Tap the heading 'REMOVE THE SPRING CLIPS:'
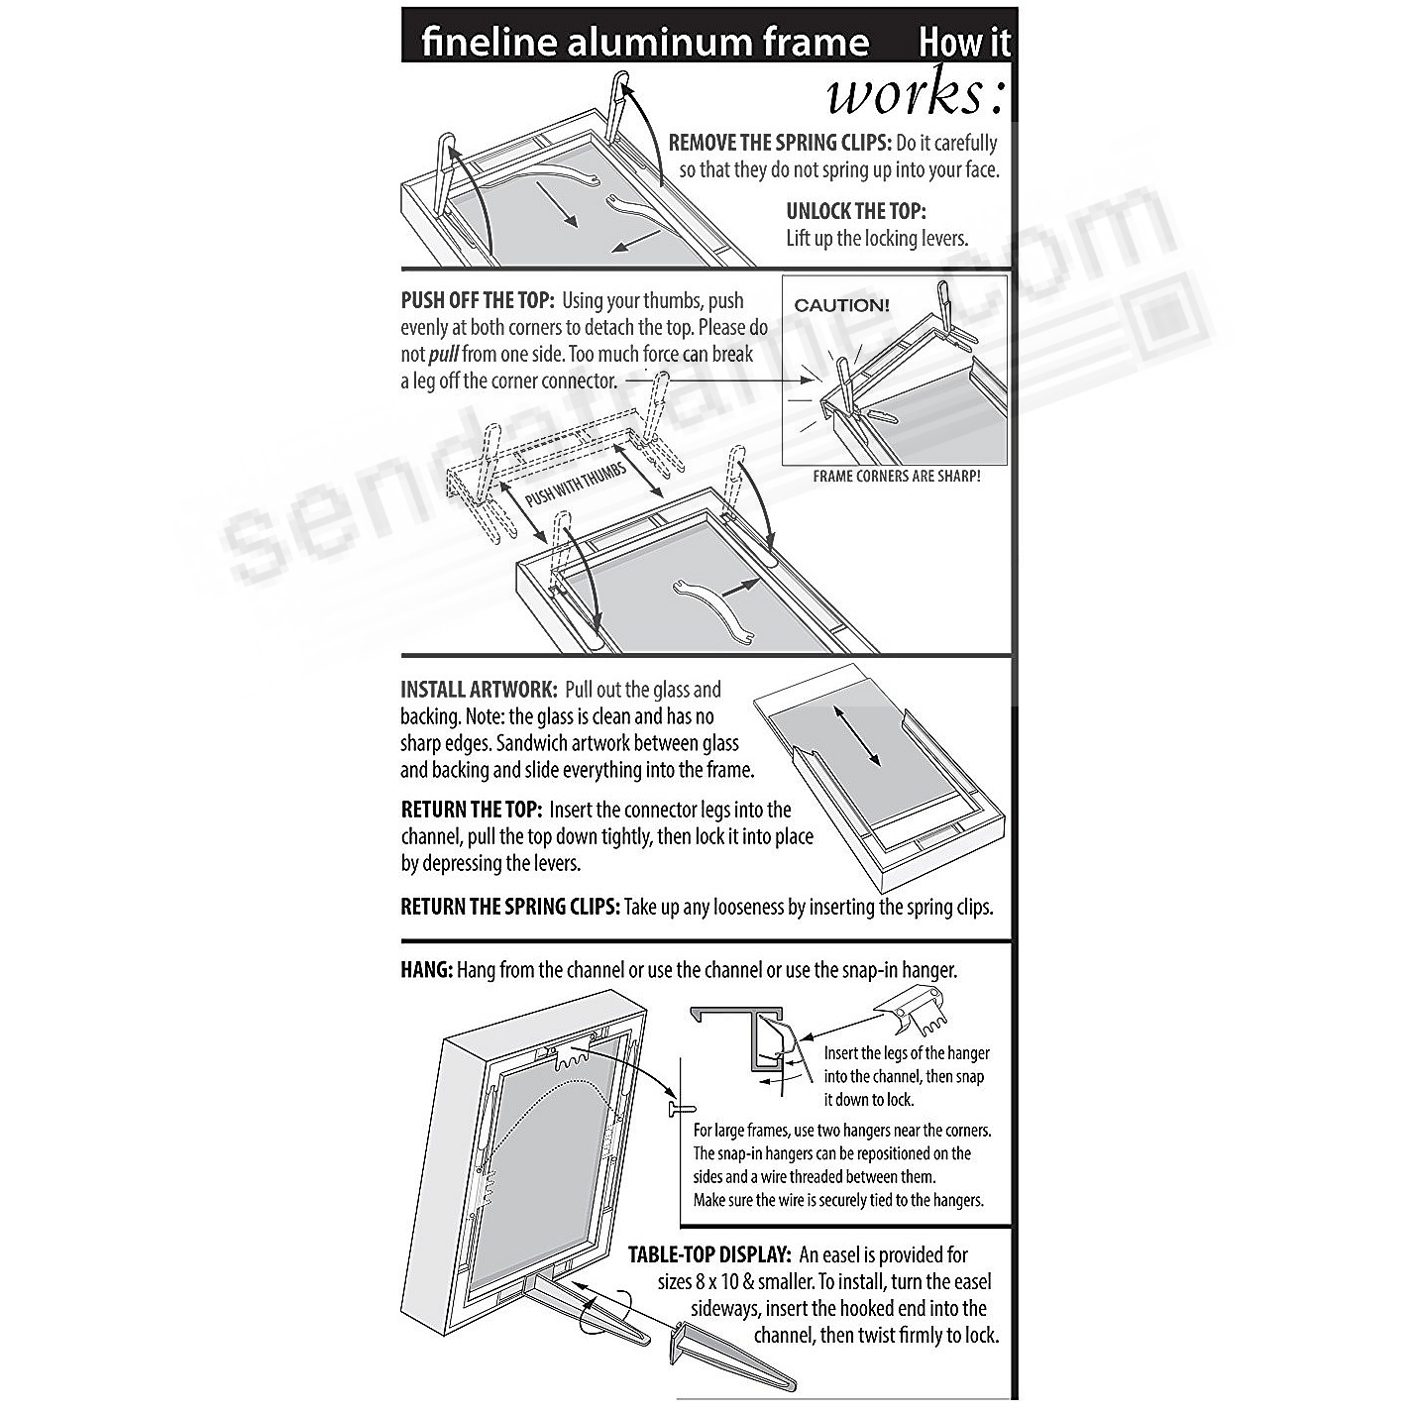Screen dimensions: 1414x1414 coord(779,143)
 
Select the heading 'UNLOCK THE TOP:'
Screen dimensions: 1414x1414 coord(855,211)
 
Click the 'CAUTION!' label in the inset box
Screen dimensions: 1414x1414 coord(841,305)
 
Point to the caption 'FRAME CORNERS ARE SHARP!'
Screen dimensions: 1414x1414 coord(896,476)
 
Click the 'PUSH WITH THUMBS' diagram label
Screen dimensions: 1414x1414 coord(576,485)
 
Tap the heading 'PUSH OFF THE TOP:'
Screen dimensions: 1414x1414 coord(477,301)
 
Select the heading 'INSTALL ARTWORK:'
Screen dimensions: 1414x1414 coord(479,690)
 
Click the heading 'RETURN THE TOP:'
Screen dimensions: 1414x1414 coord(471,811)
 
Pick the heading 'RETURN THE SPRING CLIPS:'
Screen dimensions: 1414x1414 coord(510,907)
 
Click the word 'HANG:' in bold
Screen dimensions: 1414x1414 coord(426,970)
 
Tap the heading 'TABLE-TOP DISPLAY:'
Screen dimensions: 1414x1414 coord(708,1254)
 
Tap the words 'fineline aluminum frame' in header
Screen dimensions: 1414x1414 coord(644,42)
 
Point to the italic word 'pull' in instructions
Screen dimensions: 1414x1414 coord(443,355)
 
